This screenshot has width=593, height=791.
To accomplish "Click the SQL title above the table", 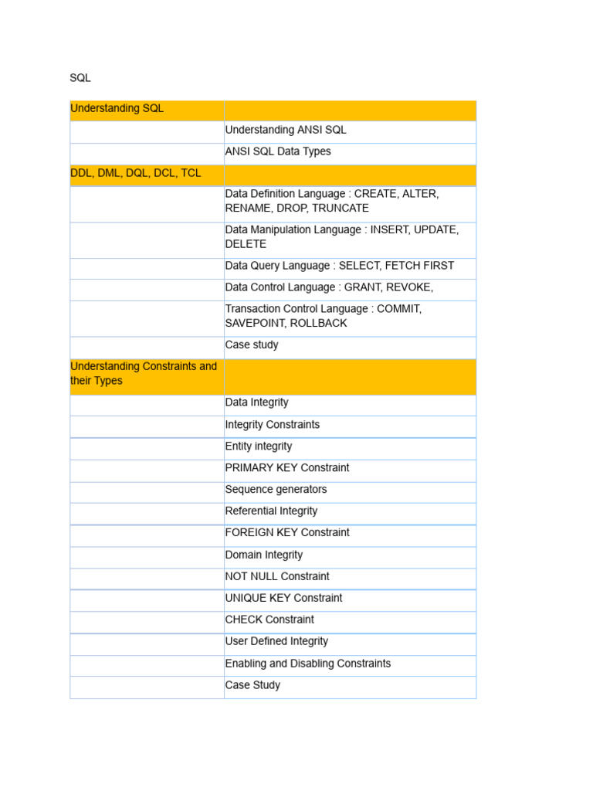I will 80,78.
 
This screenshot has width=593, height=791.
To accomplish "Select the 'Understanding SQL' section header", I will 117,109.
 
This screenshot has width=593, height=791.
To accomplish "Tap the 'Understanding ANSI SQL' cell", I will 286,131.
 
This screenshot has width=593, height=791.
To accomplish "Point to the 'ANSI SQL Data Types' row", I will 278,152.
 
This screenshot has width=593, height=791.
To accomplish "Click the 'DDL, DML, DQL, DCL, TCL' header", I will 135,174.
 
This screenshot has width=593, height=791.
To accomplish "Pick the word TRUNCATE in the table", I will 341,209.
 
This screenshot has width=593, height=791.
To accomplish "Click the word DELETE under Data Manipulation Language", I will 246,244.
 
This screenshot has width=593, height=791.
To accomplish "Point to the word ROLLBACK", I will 318,324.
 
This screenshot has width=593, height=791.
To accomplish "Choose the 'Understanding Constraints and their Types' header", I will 144,374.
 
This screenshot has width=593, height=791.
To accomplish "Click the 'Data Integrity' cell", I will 256,402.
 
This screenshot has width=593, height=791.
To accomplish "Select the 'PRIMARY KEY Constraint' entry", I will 286,468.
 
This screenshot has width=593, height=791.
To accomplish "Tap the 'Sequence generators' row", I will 276,490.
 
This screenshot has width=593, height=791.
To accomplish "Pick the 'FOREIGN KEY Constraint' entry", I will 286,533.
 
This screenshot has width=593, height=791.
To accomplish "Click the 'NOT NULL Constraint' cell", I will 276,577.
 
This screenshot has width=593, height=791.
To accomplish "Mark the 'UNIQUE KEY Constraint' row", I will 283,599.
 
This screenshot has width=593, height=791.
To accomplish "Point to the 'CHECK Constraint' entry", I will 269,620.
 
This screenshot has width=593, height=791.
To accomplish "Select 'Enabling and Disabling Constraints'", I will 307,664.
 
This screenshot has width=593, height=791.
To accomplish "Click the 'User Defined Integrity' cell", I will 276,642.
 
